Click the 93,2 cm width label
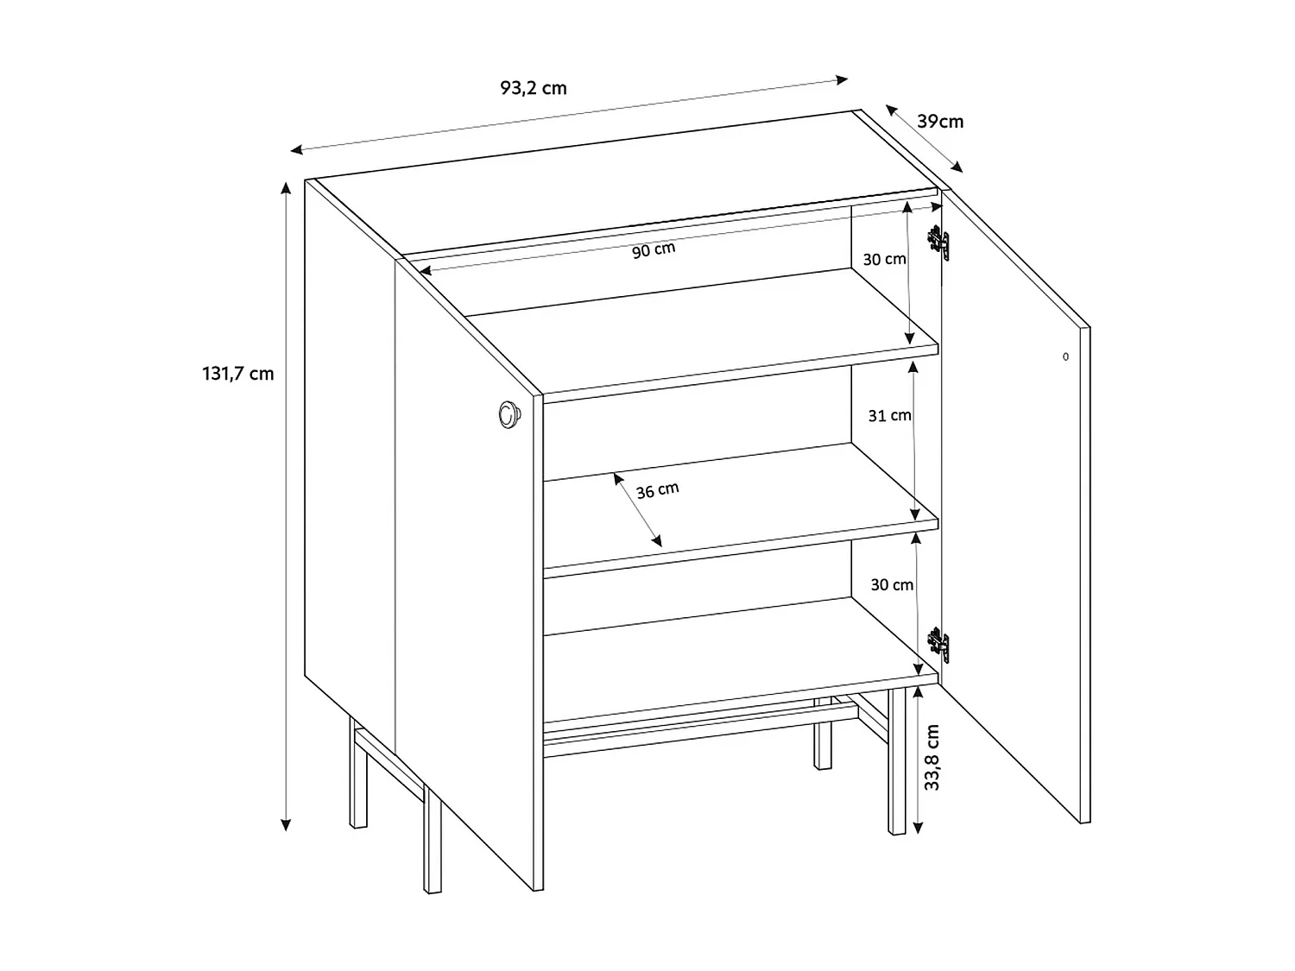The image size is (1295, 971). pos(533,88)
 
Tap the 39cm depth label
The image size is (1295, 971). pos(940,122)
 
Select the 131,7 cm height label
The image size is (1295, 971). pos(237,374)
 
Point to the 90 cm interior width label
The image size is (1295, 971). pos(654,250)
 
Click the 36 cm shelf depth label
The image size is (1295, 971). pos(657,490)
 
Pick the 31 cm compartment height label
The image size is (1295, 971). pos(889,415)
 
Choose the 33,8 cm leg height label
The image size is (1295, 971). pos(932,758)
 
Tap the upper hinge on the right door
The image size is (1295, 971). pos(938,243)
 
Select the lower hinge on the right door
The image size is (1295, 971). pos(938,645)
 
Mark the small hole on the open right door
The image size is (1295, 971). pos(1065,356)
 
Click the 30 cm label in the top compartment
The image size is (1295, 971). pos(884,259)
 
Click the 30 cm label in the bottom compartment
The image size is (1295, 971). pos(891,584)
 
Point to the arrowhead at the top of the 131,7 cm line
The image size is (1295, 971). pos(286,186)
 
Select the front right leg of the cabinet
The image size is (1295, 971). pos(897,760)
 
